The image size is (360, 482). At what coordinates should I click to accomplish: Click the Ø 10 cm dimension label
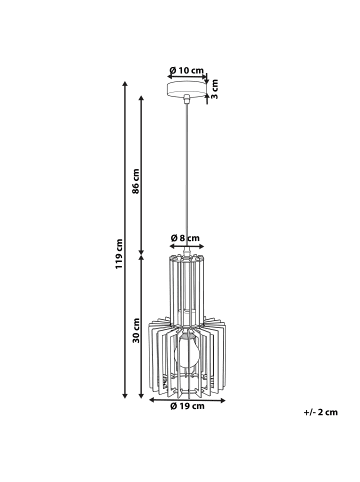[x=187, y=70]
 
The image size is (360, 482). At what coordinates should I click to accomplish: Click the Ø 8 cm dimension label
[x=186, y=238]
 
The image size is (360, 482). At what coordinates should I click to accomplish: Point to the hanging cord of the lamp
[x=186, y=170]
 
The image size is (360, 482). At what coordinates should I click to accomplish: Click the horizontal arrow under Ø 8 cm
[x=186, y=247]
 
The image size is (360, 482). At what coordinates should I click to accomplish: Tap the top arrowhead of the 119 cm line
[x=124, y=87]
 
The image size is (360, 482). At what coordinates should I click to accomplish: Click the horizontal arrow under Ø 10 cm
[x=186, y=80]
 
